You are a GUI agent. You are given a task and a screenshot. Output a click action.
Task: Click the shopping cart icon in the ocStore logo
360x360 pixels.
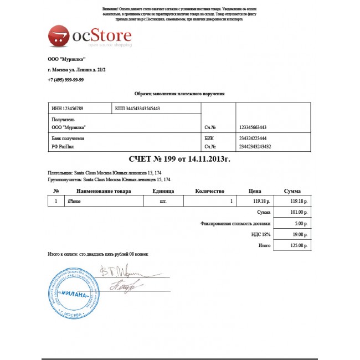[x=58, y=37]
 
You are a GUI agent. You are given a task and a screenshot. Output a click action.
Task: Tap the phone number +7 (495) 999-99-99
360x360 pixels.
[x=66, y=80]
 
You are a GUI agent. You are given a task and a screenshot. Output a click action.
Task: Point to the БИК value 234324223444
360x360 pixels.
[x=253, y=138]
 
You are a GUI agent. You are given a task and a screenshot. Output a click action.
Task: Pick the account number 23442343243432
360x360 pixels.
[x=255, y=147]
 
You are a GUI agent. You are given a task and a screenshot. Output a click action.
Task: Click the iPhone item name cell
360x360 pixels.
[x=74, y=202]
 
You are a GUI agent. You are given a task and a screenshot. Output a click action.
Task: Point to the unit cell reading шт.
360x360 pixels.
[x=163, y=202]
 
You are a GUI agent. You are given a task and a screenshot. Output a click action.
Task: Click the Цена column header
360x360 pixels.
[x=255, y=191]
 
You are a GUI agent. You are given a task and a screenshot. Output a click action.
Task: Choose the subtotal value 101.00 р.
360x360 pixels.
[x=297, y=213]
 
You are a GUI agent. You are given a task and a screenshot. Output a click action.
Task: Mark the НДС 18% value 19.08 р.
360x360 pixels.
[x=298, y=234]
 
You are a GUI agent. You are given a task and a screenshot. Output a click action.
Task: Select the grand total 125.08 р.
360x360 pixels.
[x=297, y=245]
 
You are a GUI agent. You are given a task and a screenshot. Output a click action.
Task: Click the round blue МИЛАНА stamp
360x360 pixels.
[x=73, y=294]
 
